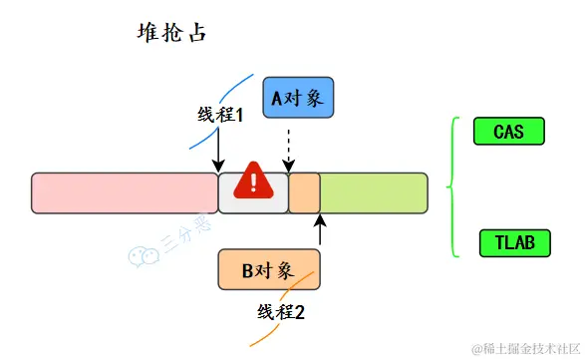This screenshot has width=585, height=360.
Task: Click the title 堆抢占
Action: point(170,32)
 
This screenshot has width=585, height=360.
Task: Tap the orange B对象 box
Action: point(269,269)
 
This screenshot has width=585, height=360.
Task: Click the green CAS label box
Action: point(507,131)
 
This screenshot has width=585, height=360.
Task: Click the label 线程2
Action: point(281,311)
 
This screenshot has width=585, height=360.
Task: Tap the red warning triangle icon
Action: point(254,181)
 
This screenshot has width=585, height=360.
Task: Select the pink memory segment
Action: point(125,192)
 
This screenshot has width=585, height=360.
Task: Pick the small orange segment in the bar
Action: point(304,192)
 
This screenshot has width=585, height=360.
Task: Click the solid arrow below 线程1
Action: point(218,150)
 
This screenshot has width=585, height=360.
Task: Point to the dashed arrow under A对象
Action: point(288,150)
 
